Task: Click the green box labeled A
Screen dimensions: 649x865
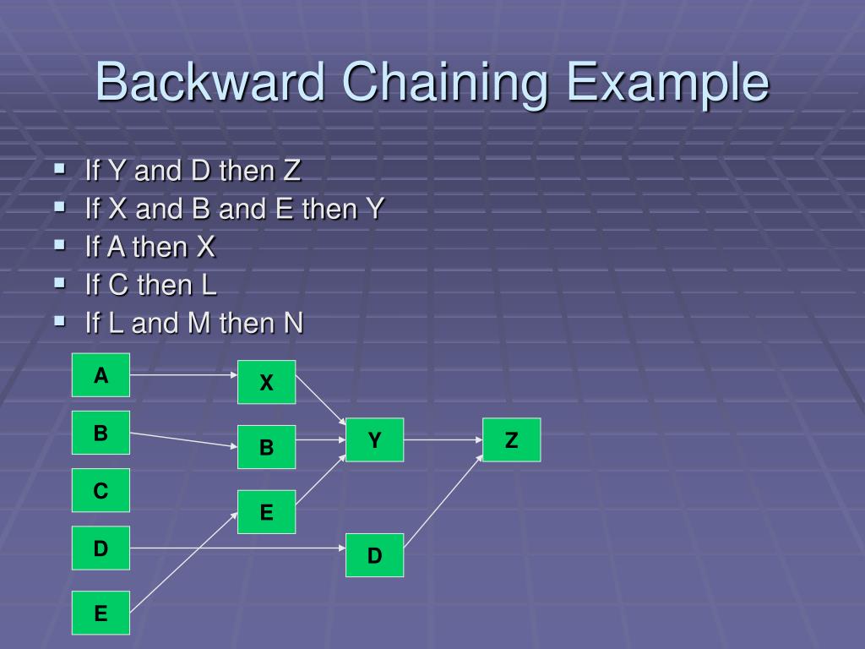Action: tap(101, 375)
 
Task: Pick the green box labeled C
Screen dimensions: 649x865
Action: tap(101, 490)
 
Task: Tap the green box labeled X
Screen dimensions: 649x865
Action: tap(266, 383)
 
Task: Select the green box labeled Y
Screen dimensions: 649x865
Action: tap(374, 439)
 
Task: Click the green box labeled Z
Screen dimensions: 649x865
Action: tap(511, 439)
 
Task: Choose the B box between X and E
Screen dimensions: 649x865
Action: tap(266, 447)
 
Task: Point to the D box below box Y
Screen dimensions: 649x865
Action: tap(374, 555)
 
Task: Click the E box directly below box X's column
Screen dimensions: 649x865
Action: tap(266, 512)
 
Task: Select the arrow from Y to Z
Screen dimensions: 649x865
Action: tap(443, 439)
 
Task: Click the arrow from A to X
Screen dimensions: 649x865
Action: tap(183, 373)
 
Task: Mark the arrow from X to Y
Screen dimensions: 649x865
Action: tap(320, 400)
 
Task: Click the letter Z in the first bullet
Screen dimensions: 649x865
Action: tap(291, 172)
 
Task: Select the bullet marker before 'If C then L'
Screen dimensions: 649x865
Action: tap(60, 283)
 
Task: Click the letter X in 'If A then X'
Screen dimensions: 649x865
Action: tap(205, 248)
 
